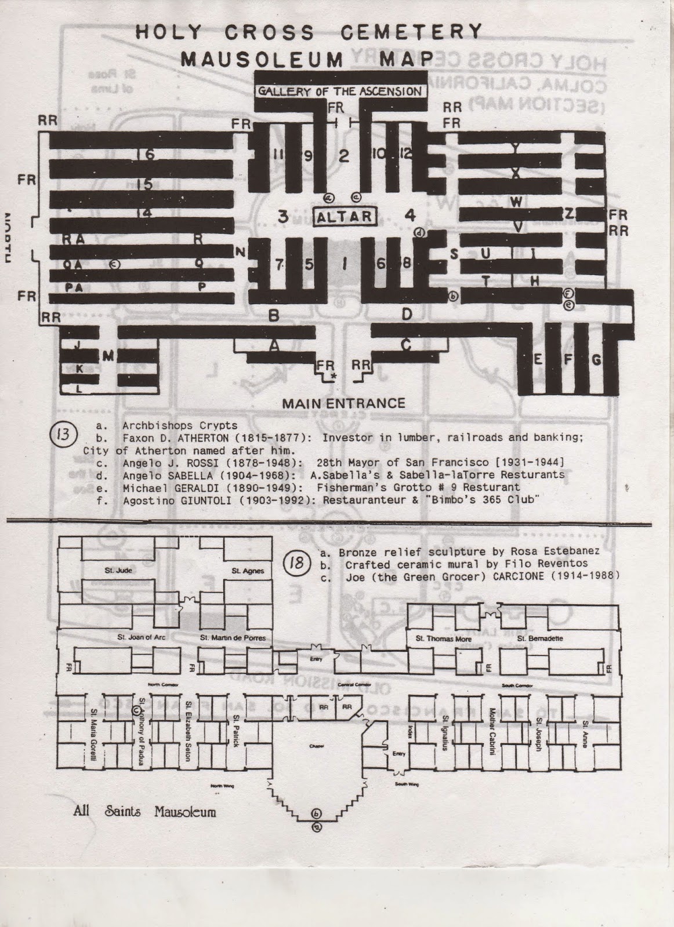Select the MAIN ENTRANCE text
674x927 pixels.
343,403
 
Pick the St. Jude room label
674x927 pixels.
118,571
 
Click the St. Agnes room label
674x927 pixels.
248,571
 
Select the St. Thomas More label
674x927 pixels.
436,638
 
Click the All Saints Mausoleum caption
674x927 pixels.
144,811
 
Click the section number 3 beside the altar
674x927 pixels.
283,217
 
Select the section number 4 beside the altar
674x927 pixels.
410,216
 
